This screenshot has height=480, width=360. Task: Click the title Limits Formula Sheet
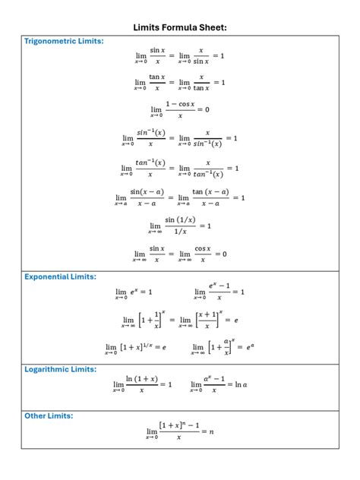(180, 27)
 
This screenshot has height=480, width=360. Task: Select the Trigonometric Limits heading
(64, 41)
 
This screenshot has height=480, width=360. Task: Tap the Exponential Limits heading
(60, 276)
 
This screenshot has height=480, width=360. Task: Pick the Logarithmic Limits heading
(60, 369)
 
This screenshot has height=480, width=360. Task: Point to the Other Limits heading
(49, 416)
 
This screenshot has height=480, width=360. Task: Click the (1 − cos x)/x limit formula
(180, 109)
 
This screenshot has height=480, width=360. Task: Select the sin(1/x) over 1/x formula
(180, 226)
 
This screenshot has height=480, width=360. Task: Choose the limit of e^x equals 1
(134, 292)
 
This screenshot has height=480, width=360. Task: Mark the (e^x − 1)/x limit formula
(219, 292)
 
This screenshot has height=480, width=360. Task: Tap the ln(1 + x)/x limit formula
(143, 385)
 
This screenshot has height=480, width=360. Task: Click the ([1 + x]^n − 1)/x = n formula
(180, 431)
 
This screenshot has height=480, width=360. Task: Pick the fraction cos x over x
(202, 254)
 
